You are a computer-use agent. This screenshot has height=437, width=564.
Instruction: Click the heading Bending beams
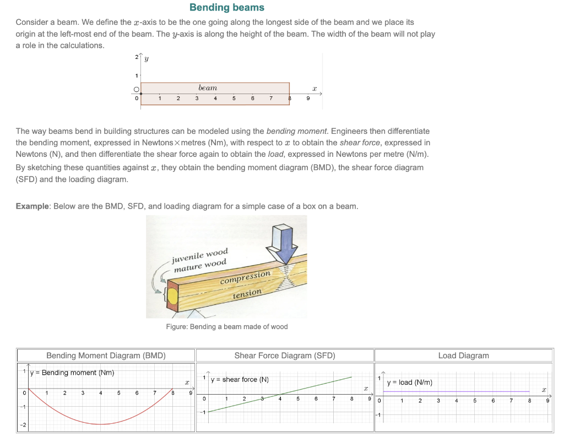226,8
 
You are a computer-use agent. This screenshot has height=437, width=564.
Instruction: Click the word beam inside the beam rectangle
208,88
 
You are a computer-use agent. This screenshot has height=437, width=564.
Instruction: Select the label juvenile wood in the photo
200,256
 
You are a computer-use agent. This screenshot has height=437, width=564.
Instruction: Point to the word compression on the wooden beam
245,277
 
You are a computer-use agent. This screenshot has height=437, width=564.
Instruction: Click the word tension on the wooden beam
246,294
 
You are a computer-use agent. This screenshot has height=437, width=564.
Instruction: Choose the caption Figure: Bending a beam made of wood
226,326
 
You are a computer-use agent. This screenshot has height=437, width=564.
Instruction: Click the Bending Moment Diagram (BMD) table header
106,356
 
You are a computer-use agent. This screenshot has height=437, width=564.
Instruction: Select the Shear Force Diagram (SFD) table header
284,356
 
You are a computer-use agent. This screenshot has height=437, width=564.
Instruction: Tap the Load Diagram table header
463,356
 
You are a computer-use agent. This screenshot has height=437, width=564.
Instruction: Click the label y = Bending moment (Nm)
72,373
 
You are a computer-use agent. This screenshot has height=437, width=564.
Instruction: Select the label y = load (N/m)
409,382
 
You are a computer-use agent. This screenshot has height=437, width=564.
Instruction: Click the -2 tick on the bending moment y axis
23,425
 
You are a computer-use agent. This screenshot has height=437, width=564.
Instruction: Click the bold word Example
32,206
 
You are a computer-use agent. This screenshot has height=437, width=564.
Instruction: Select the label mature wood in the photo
200,265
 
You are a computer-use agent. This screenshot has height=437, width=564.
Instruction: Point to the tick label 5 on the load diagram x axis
475,401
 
